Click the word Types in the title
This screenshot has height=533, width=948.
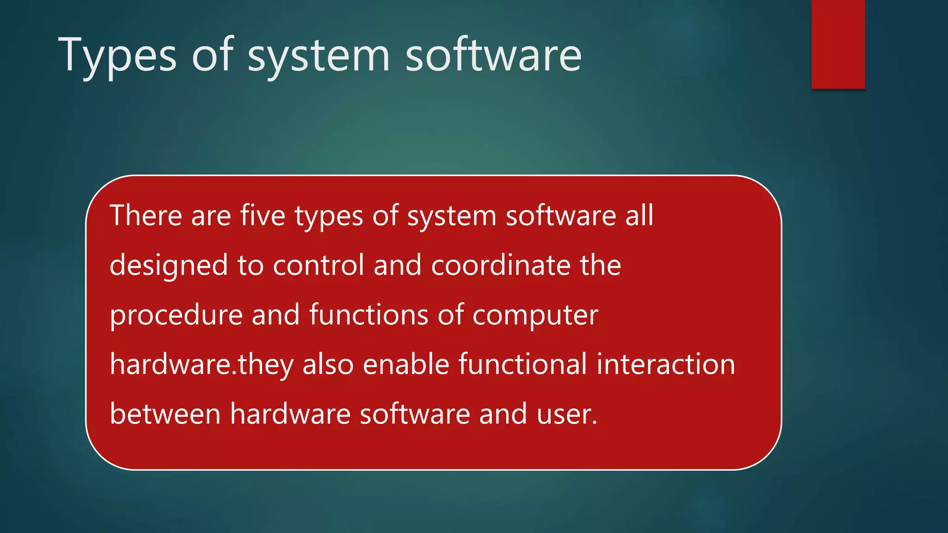coord(117,56)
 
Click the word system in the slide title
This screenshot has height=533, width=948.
coord(319,56)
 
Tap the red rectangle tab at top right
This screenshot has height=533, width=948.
coord(838,44)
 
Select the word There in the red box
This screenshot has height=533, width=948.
coord(146,216)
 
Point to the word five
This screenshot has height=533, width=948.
coord(262,216)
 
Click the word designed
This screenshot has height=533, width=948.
coord(169,266)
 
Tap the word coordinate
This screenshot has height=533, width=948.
coord(501,266)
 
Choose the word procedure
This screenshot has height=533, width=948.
coord(176,315)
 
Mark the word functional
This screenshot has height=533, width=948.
coord(523,365)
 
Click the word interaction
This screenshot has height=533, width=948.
coord(666,365)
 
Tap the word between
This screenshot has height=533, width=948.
coord(165,414)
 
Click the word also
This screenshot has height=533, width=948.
coord(328,365)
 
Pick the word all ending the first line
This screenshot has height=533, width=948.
coord(639,216)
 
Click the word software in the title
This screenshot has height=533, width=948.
coord(493,56)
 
